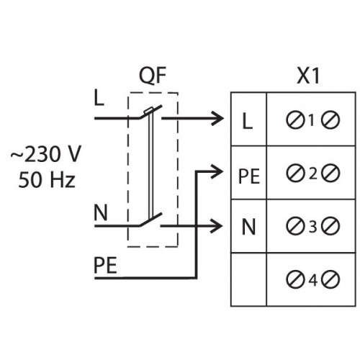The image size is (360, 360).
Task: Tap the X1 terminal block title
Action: coord(308,76)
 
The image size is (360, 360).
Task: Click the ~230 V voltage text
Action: coord(46,153)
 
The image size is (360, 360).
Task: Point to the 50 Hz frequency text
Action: coord(47,179)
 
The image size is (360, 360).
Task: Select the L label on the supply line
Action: coord(99,99)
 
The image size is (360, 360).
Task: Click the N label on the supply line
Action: coord(101,213)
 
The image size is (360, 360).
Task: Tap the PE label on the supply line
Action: coord(105,266)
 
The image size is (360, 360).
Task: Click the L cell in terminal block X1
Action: coord(248,120)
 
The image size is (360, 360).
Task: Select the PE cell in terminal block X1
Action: coord(248,173)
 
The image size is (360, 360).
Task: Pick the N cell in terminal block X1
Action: coord(248,226)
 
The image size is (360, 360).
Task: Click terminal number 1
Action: coord(312,120)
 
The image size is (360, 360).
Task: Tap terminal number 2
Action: coord(312,173)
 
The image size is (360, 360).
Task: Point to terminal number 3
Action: coord(312,226)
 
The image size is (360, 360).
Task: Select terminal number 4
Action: coord(312,280)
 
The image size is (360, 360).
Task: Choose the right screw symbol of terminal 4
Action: coord(331,280)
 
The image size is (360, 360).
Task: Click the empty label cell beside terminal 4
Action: coord(248,279)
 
